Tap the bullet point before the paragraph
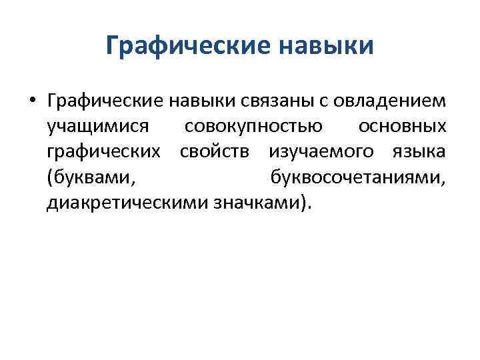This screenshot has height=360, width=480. (x=31, y=102)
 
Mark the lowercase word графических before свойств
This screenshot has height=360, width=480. (x=103, y=151)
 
